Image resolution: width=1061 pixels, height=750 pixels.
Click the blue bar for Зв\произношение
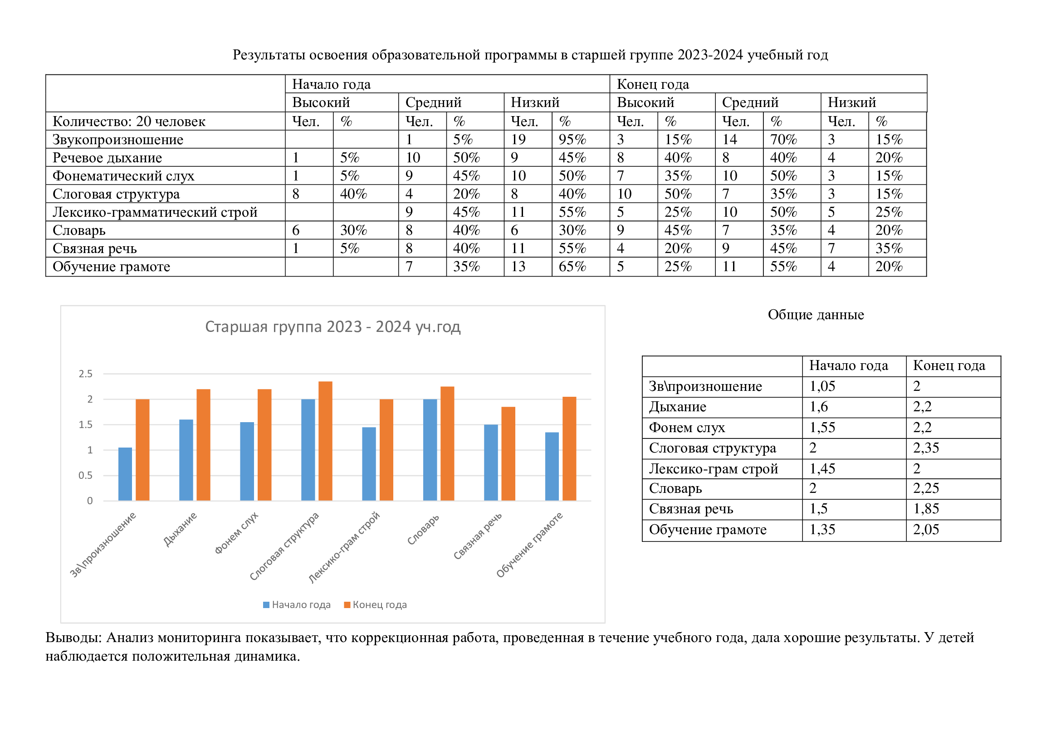pyautogui.click(x=125, y=474)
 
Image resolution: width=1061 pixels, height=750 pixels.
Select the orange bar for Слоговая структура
pyautogui.click(x=325, y=441)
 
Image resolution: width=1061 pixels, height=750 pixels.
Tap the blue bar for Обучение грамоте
pyautogui.click(x=552, y=467)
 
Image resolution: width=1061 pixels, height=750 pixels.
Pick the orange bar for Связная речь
pyautogui.click(x=508, y=453)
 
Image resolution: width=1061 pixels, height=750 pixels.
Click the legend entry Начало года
pyautogui.click(x=297, y=604)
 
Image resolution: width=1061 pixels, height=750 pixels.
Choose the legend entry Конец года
pyautogui.click(x=375, y=604)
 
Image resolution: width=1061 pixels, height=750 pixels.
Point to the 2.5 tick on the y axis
pyautogui.click(x=85, y=374)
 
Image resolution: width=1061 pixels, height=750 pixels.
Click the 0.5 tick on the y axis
pyautogui.click(x=85, y=475)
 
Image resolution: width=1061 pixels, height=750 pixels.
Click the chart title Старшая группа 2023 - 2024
pyautogui.click(x=332, y=326)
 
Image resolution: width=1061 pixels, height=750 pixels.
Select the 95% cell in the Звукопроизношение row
pyautogui.click(x=572, y=140)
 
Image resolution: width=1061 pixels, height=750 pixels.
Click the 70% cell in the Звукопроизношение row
pyautogui.click(x=783, y=140)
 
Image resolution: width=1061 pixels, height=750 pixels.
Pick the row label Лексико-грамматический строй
pyautogui.click(x=155, y=212)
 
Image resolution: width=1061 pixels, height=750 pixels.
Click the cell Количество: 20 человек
pyautogui.click(x=129, y=122)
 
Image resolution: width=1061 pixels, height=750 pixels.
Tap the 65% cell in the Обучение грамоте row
pyautogui.click(x=572, y=267)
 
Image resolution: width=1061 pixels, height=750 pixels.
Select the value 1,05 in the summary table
pyautogui.click(x=822, y=386)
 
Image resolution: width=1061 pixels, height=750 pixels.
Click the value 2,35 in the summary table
pyautogui.click(x=926, y=448)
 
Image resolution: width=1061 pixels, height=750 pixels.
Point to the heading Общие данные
pyautogui.click(x=816, y=315)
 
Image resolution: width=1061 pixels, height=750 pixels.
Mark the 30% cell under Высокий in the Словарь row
pyautogui.click(x=353, y=230)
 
